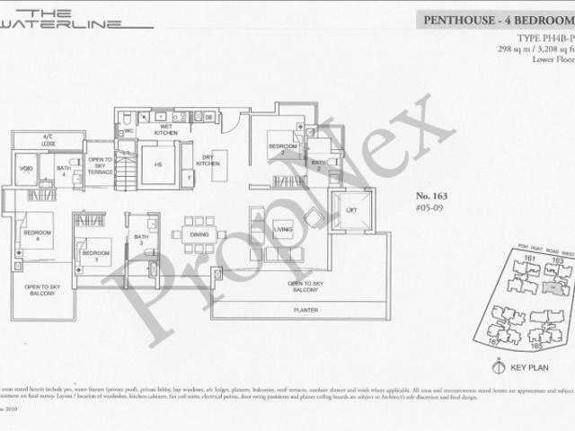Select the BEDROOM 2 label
click(282, 149)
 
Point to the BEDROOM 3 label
click(96, 254)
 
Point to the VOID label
click(26, 167)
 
